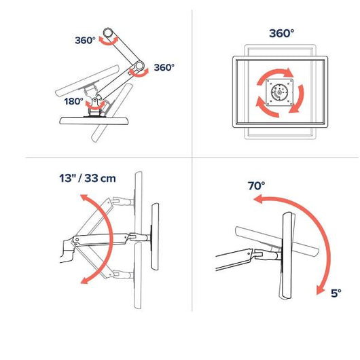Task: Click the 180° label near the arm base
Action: (x=73, y=101)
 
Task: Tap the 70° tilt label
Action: (x=256, y=185)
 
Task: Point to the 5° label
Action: (x=336, y=293)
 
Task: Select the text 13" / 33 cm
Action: (x=88, y=178)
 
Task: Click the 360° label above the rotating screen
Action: (x=281, y=33)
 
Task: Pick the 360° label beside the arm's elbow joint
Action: (x=164, y=67)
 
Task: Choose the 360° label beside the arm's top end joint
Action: (x=85, y=40)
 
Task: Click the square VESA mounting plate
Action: (x=279, y=92)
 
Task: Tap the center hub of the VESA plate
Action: (x=279, y=92)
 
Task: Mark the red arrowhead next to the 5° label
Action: (x=320, y=291)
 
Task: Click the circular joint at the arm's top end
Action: (x=108, y=33)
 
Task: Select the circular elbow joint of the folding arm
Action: (x=139, y=66)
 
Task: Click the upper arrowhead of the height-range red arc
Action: (x=84, y=198)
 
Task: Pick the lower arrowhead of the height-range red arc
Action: (x=85, y=280)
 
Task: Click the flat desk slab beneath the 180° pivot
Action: (x=94, y=121)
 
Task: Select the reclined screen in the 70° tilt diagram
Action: (x=277, y=241)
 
